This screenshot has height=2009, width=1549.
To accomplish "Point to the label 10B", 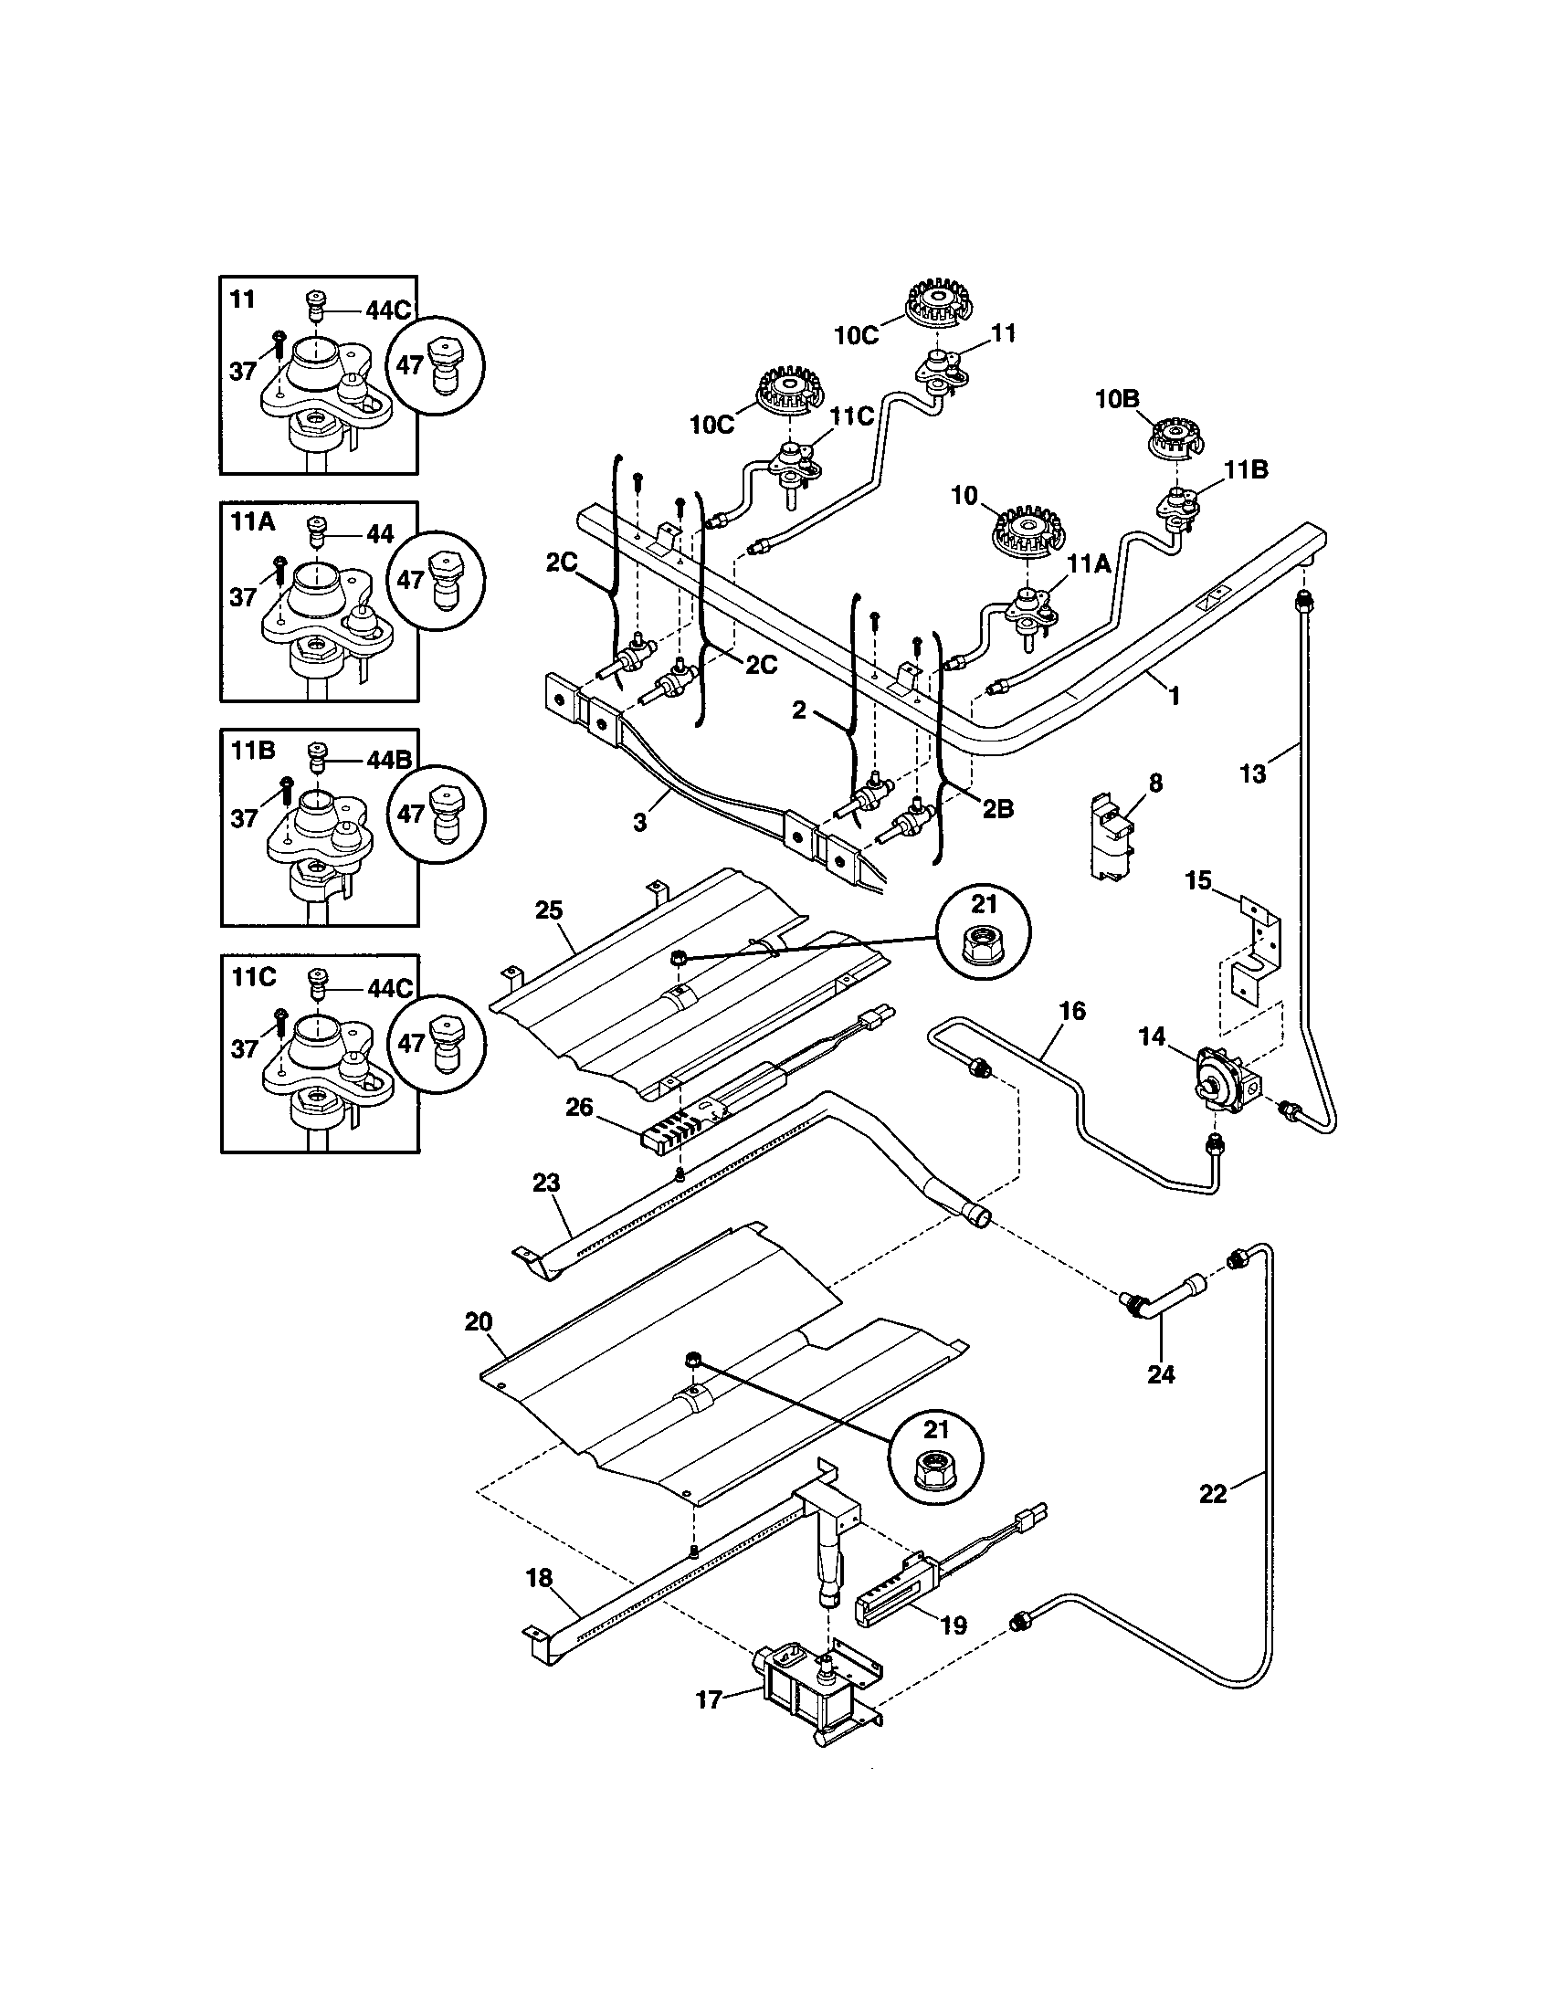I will point(1117,399).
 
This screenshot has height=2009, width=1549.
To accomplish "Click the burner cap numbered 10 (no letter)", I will point(1023,532).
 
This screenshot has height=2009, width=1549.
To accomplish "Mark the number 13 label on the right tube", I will point(1253,773).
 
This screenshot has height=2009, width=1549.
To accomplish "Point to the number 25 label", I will point(548,910).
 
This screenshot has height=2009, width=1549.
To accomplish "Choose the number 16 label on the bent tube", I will point(1072,1011).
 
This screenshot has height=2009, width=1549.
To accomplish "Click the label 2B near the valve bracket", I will point(997,809).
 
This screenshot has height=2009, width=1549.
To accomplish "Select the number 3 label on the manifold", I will point(639,822).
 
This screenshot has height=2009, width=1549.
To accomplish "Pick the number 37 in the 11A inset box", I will point(243,597).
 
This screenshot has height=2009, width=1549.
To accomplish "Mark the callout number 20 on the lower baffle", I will point(479,1322).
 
